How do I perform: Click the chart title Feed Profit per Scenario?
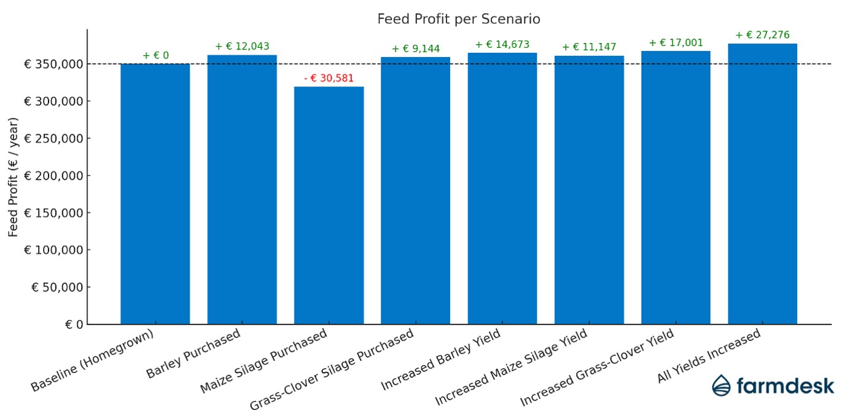point(459,19)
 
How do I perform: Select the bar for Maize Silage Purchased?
point(329,206)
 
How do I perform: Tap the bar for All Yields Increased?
point(762,184)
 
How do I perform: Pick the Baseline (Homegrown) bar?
point(155,194)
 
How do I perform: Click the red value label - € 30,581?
point(329,79)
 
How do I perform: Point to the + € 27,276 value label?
point(762,35)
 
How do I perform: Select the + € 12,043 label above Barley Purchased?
point(242,47)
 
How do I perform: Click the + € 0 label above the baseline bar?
point(155,56)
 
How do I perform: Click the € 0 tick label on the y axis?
point(73,325)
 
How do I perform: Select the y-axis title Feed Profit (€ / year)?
point(14,177)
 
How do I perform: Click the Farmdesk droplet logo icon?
point(722,385)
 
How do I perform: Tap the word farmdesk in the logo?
point(785,385)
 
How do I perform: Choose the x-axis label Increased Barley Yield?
point(441,360)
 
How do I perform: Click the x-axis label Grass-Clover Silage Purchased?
point(332,371)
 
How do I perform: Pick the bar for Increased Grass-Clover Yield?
point(676,188)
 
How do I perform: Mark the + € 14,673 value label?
point(502,45)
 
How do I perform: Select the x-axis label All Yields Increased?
point(709,356)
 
